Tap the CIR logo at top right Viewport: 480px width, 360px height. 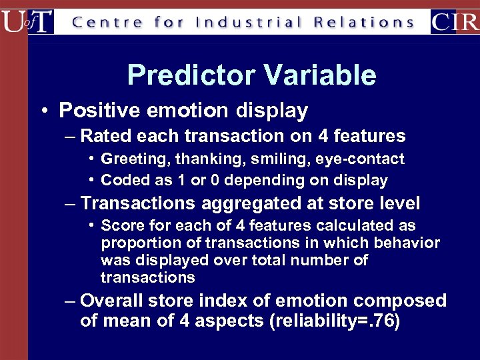click(x=455, y=21)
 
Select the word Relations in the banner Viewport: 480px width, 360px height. click(x=364, y=22)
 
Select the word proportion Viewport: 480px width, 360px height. click(x=137, y=243)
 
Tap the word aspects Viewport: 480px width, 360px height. click(x=224, y=321)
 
